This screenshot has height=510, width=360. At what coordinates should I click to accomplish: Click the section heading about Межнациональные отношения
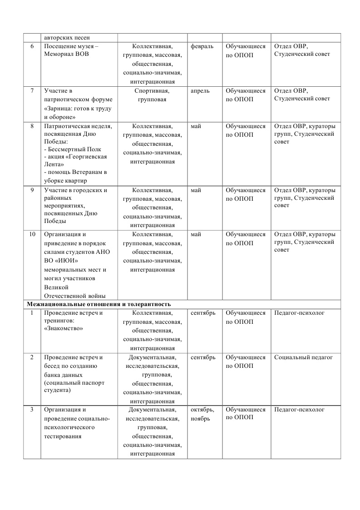[x=99, y=304]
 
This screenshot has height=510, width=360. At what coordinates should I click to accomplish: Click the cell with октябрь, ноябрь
[x=202, y=414]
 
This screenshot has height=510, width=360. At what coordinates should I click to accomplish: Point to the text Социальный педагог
[x=303, y=357]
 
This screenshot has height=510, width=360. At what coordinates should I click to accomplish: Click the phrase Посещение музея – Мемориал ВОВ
[x=71, y=50]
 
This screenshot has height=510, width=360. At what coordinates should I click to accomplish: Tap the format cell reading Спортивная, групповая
[x=152, y=95]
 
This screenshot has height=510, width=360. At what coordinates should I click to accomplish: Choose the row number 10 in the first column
[x=32, y=234]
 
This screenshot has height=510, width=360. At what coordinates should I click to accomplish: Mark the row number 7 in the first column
[x=32, y=91]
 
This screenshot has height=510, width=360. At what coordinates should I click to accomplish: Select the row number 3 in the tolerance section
[x=32, y=410]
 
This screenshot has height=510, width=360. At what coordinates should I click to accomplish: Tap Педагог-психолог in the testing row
[x=300, y=410]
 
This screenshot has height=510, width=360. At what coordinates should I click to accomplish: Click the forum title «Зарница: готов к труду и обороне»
[x=78, y=113]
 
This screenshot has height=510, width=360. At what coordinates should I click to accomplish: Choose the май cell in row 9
[x=196, y=190]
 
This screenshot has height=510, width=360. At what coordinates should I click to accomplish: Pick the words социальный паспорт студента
[x=74, y=386]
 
